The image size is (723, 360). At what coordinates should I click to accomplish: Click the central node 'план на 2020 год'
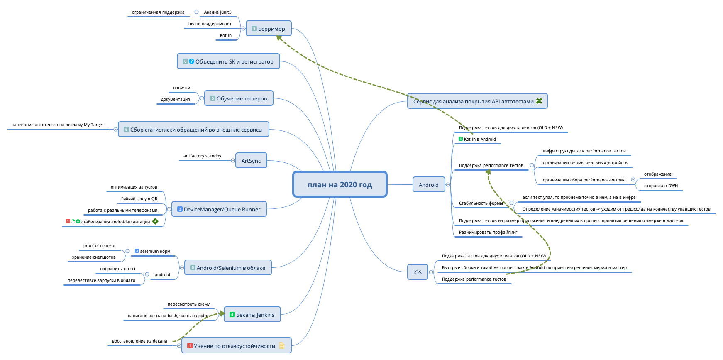[x=340, y=184]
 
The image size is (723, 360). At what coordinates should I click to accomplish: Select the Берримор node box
[x=269, y=29]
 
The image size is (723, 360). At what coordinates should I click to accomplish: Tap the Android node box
[x=428, y=185]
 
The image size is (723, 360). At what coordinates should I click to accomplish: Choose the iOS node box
[x=417, y=272]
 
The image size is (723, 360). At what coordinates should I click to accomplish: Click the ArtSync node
[x=251, y=161]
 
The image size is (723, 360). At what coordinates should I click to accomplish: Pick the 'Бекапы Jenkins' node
[x=252, y=315]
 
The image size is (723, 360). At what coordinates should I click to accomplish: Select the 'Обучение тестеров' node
[x=239, y=98]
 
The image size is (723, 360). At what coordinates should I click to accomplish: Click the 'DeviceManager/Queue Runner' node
[x=219, y=209]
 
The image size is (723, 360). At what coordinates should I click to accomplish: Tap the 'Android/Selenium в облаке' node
[x=228, y=268]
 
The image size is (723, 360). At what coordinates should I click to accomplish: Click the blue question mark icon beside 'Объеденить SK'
[x=191, y=61]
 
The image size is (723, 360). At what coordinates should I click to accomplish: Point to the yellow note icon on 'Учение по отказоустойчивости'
[x=282, y=345]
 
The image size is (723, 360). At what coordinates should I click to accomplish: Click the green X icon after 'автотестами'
[x=539, y=101]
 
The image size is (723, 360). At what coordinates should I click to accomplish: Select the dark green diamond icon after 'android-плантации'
[x=155, y=221]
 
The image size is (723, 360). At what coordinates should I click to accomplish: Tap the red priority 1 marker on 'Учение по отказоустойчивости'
[x=190, y=345]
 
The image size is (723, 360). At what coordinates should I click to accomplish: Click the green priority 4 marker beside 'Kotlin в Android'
[x=461, y=139]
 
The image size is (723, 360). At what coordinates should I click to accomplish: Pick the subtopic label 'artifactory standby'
[x=202, y=156]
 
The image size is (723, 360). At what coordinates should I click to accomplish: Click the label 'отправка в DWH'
[x=661, y=186]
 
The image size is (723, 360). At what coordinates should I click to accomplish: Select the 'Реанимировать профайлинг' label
[x=488, y=233]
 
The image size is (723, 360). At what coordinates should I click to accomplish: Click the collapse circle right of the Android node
[x=448, y=185]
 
